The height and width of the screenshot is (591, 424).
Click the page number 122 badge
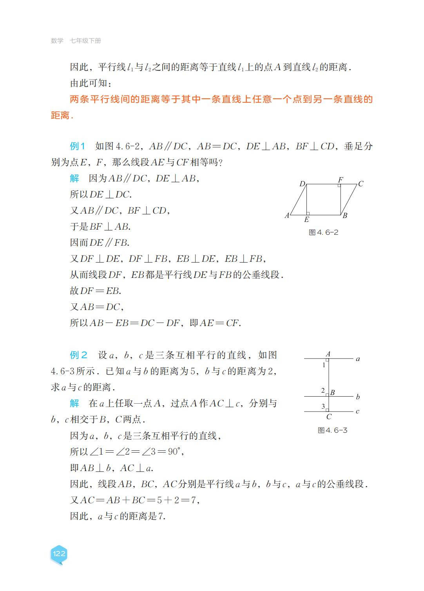59,553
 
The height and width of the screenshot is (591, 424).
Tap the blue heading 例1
78,146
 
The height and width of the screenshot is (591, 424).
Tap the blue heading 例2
78,355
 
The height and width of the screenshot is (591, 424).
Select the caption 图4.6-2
323,232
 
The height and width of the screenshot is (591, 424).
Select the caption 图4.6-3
332,430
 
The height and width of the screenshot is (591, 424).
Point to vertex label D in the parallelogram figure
302,183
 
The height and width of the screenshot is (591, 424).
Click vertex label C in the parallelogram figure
361,183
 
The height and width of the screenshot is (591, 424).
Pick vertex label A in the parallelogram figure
287,215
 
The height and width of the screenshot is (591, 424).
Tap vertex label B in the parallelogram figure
345,215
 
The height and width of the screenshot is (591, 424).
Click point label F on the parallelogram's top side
341,179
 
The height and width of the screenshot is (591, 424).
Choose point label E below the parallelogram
306,220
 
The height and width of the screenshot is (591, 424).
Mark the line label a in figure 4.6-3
357,359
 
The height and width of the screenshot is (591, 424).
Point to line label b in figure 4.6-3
357,397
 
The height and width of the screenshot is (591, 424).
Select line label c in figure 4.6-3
357,411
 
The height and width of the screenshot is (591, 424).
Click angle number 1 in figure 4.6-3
324,365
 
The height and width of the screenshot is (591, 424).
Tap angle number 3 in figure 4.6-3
323,406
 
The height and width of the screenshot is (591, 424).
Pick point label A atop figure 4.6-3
328,354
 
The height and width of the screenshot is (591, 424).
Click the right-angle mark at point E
308,213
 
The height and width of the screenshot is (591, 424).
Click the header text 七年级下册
85,41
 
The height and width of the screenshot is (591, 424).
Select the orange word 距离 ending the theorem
60,116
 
